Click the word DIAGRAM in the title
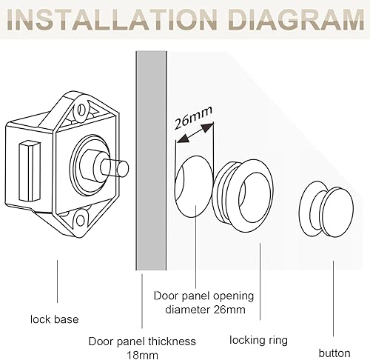296,19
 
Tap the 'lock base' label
55,319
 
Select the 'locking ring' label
258,340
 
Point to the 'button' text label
334,353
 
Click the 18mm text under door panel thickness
142,356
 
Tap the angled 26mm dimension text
193,118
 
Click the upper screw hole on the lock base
81,110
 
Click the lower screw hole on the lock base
81,220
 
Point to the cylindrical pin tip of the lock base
123,169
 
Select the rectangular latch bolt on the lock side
29,171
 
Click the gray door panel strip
151,161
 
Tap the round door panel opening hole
194,187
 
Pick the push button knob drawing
326,209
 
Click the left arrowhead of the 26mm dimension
183,139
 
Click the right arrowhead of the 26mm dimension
207,127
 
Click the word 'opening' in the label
233,296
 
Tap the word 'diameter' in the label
187,310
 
